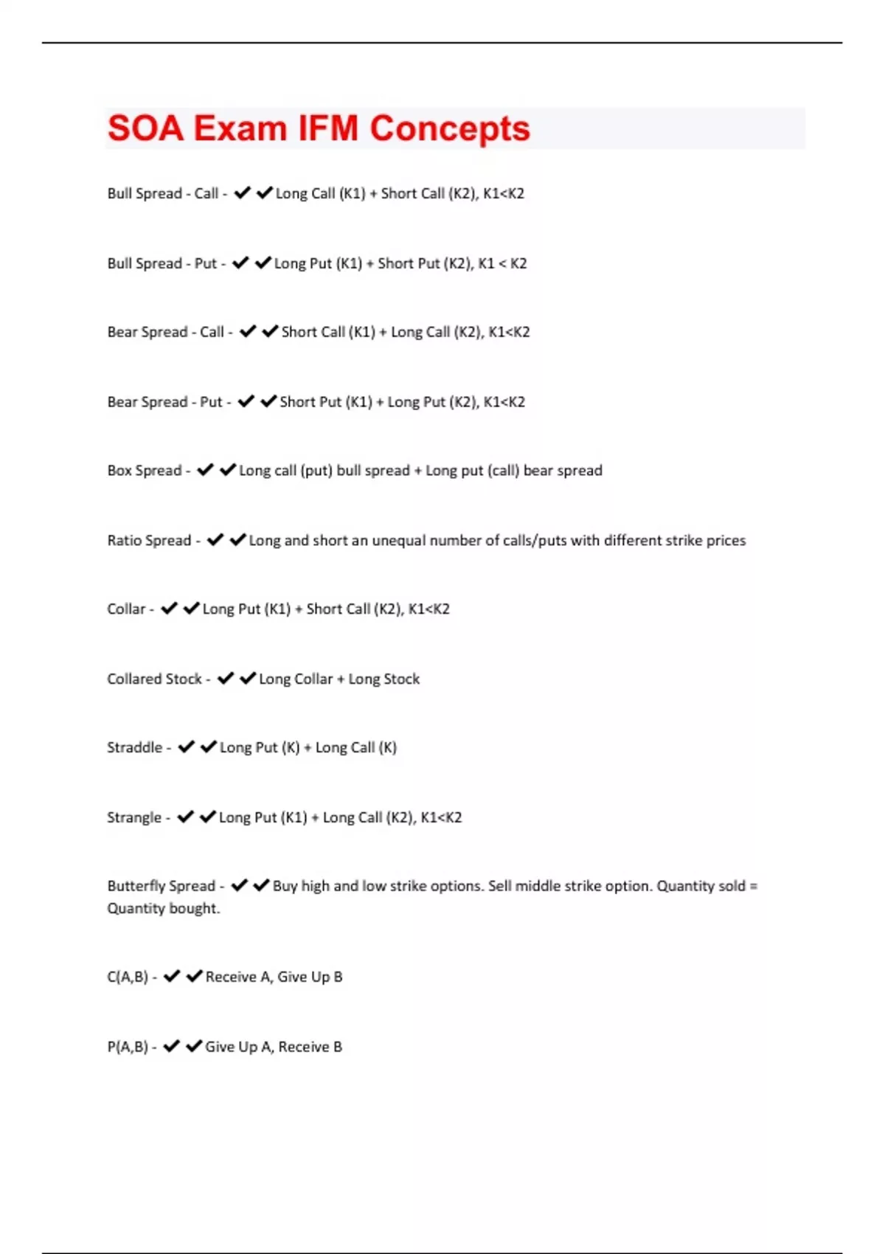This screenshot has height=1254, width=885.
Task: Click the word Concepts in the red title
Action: [449, 128]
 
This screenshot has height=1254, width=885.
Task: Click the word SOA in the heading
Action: [145, 128]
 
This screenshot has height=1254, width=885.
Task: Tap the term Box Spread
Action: [145, 471]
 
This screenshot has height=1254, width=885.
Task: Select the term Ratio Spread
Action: [149, 541]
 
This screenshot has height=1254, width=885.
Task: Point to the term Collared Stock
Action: [154, 679]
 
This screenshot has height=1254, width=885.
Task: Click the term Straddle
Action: [134, 747]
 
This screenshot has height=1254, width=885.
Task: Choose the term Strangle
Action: [133, 817]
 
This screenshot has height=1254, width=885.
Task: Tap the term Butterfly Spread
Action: [161, 886]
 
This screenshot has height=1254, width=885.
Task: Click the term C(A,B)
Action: [128, 977]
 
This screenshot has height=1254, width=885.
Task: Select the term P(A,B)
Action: [128, 1047]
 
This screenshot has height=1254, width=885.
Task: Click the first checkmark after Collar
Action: [169, 609]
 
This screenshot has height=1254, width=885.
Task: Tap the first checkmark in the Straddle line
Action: [186, 747]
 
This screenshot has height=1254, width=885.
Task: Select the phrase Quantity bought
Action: [163, 908]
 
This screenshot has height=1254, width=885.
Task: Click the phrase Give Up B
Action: [310, 977]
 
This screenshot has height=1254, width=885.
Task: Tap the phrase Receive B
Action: [310, 1047]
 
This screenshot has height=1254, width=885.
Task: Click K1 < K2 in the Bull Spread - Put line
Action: [502, 263]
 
